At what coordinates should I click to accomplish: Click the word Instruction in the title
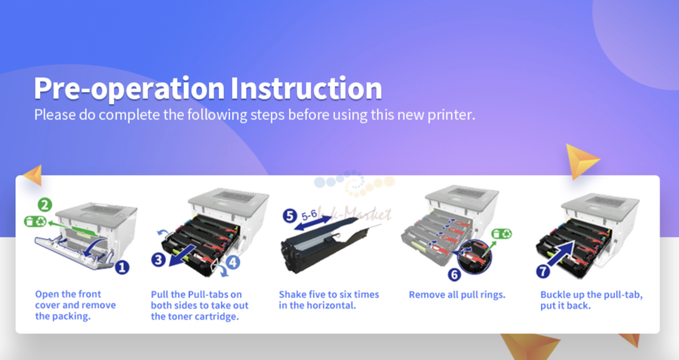point(306,88)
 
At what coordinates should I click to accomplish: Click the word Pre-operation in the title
point(129,89)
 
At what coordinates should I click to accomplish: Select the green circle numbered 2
point(45,205)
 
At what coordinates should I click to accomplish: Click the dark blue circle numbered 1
point(122,267)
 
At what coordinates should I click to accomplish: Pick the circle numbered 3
point(158,260)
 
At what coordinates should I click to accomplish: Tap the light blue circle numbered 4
point(232,262)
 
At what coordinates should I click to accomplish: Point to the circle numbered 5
point(290,216)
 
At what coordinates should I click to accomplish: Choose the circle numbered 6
point(454,274)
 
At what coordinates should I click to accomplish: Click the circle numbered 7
point(543,271)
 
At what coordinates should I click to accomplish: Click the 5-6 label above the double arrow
point(309,214)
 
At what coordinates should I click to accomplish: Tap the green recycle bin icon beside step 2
point(35,221)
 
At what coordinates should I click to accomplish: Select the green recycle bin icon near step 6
point(502,234)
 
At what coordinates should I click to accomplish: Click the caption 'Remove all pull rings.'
point(457,295)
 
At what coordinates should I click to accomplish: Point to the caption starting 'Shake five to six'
point(329,300)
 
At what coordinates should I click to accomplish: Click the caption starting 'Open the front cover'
point(75,305)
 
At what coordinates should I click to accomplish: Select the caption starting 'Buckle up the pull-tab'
point(591,300)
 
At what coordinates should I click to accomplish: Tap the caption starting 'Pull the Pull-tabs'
point(200,306)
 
